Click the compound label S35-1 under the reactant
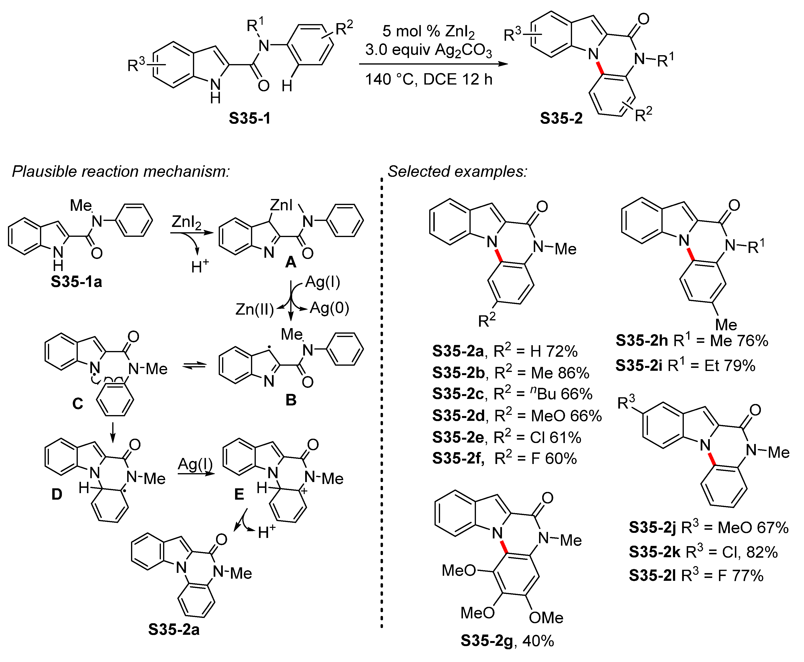pos(250,118)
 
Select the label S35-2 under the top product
pos(561,118)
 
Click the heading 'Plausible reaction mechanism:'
pos(121,172)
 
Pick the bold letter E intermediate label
pos(239,494)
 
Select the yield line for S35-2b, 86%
pos(511,373)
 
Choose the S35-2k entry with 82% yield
pos(703,552)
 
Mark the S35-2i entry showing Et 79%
pos(685,365)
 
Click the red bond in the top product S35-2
pos(600,68)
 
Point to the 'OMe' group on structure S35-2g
pos(546,618)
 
